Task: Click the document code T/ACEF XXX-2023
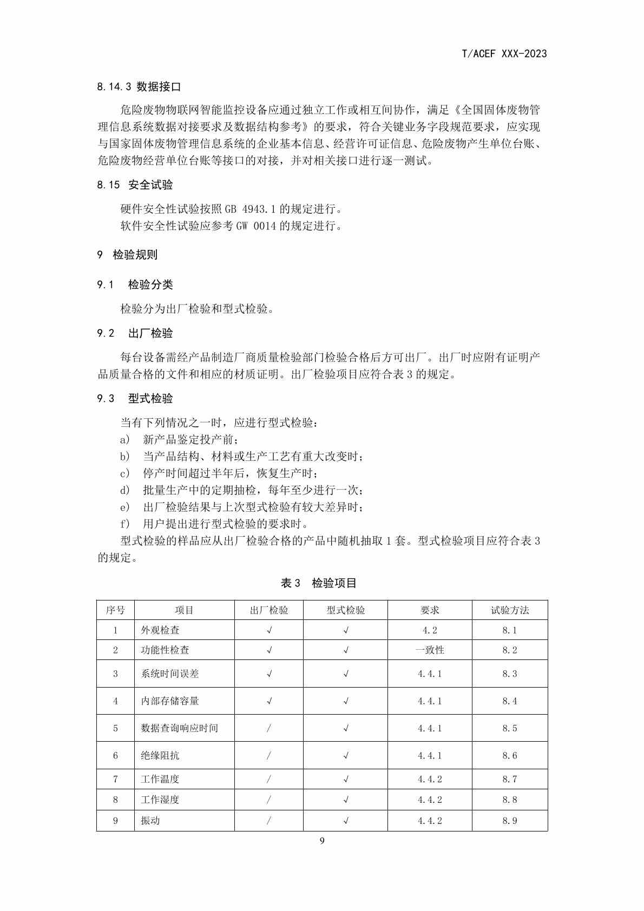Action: click(504, 54)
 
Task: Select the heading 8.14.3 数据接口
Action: click(139, 87)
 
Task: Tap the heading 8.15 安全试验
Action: click(135, 185)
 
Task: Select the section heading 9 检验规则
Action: click(127, 255)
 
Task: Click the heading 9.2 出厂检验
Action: click(135, 333)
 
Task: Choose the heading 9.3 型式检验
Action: click(135, 399)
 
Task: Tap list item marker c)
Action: click(125, 473)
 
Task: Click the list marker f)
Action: click(125, 524)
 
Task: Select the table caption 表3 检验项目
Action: click(319, 583)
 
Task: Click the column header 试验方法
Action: click(510, 610)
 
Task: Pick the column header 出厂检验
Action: click(269, 610)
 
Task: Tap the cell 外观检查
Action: click(160, 630)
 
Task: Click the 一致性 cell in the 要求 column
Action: click(430, 650)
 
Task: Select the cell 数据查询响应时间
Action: click(179, 728)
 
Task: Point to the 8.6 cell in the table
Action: click(510, 755)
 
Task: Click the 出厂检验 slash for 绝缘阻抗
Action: click(269, 755)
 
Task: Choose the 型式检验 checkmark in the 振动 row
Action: click(346, 821)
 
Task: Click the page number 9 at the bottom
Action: click(322, 841)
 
